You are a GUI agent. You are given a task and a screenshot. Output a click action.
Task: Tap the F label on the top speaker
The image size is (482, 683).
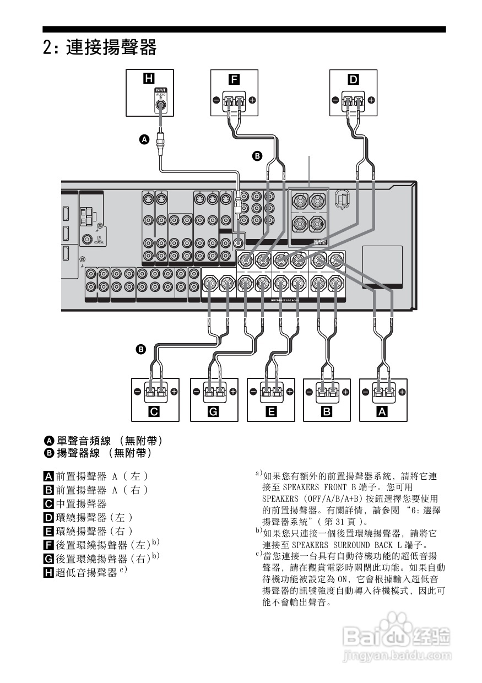coord(234,79)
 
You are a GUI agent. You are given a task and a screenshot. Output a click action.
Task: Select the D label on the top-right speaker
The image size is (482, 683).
coord(353,79)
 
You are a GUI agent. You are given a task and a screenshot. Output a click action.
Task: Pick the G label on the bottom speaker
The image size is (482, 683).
coord(214,410)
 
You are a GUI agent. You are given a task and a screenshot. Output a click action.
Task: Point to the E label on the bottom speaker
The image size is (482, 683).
coord(271,410)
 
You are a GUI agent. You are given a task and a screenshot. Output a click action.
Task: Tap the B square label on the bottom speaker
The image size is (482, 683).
coord(327,410)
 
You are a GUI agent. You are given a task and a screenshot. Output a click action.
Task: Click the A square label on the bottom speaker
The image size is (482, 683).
coord(382,410)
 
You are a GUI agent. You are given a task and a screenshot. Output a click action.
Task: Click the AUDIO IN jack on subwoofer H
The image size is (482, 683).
coord(160,105)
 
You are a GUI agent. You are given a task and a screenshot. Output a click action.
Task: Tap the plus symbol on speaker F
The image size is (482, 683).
coord(252,100)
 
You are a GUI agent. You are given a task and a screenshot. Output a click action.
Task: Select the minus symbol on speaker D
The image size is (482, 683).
coord(335,100)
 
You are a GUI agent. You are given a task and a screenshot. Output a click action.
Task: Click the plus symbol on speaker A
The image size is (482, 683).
coord(402,392)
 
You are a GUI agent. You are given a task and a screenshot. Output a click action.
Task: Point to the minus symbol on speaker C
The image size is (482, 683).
coord(137,392)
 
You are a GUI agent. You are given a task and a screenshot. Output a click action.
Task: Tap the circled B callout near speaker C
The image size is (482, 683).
coord(141,349)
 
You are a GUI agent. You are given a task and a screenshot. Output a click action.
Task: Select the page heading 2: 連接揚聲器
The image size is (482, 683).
coord(100,47)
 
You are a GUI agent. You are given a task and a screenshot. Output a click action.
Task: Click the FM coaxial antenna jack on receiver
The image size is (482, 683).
coord(87,239)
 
